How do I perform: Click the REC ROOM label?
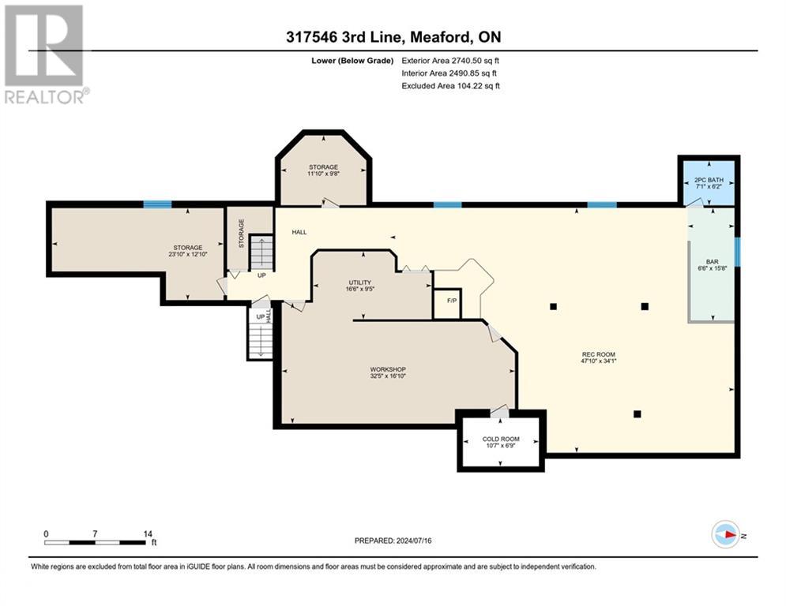pyautogui.click(x=599, y=354)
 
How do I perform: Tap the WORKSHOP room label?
pyautogui.click(x=388, y=369)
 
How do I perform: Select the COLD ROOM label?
pyautogui.click(x=501, y=439)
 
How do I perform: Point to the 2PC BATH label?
pyautogui.click(x=709, y=180)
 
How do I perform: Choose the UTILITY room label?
pyautogui.click(x=360, y=282)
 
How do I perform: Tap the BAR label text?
pyautogui.click(x=713, y=261)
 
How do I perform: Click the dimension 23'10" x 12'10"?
pyautogui.click(x=188, y=254)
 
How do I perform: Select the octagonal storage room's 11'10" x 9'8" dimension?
pyautogui.click(x=323, y=174)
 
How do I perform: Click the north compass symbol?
pyautogui.click(x=726, y=534)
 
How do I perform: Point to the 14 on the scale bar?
pyautogui.click(x=148, y=534)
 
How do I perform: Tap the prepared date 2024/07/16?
pyautogui.click(x=414, y=541)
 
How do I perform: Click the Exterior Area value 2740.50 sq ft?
pyautogui.click(x=476, y=61)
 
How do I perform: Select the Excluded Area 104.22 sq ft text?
pyautogui.click(x=450, y=86)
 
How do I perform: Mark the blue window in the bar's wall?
pyautogui.click(x=737, y=252)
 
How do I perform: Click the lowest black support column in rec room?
pyautogui.click(x=637, y=413)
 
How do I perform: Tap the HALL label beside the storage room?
pyautogui.click(x=299, y=232)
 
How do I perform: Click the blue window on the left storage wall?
pyautogui.click(x=157, y=204)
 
